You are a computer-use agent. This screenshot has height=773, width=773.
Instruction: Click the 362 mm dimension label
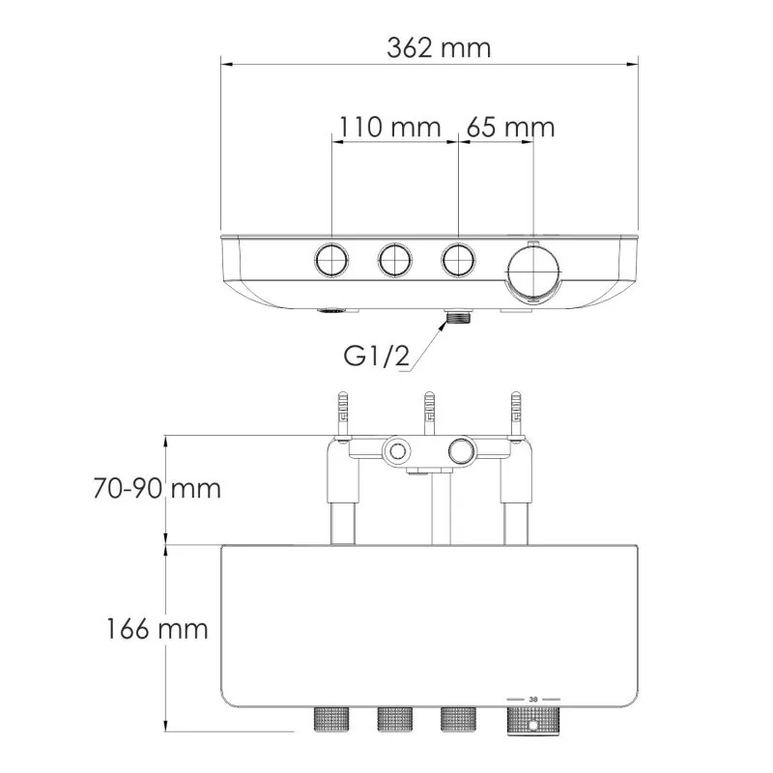pyautogui.click(x=439, y=47)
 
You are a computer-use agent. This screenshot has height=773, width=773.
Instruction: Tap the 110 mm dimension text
pyautogui.click(x=389, y=127)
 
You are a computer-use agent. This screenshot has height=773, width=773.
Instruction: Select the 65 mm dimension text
pyautogui.click(x=510, y=127)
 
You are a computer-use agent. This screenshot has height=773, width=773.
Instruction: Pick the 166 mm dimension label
pyautogui.click(x=157, y=629)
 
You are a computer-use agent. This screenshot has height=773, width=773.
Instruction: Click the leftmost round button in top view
pyautogui.click(x=330, y=259)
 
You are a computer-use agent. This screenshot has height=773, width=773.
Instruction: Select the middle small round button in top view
pyautogui.click(x=394, y=259)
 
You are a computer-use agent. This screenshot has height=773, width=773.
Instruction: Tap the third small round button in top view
pyautogui.click(x=457, y=259)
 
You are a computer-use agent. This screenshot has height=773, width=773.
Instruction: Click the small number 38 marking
pyautogui.click(x=533, y=700)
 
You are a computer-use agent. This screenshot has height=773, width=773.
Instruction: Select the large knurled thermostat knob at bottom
pyautogui.click(x=533, y=721)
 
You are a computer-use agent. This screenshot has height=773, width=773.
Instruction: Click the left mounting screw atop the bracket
pyautogui.click(x=342, y=413)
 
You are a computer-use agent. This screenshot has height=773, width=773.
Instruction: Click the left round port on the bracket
pyautogui.click(x=394, y=450)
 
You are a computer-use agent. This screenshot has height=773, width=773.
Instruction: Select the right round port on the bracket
pyautogui.click(x=461, y=450)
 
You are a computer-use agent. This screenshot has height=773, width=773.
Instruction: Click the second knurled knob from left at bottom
pyautogui.click(x=394, y=720)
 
